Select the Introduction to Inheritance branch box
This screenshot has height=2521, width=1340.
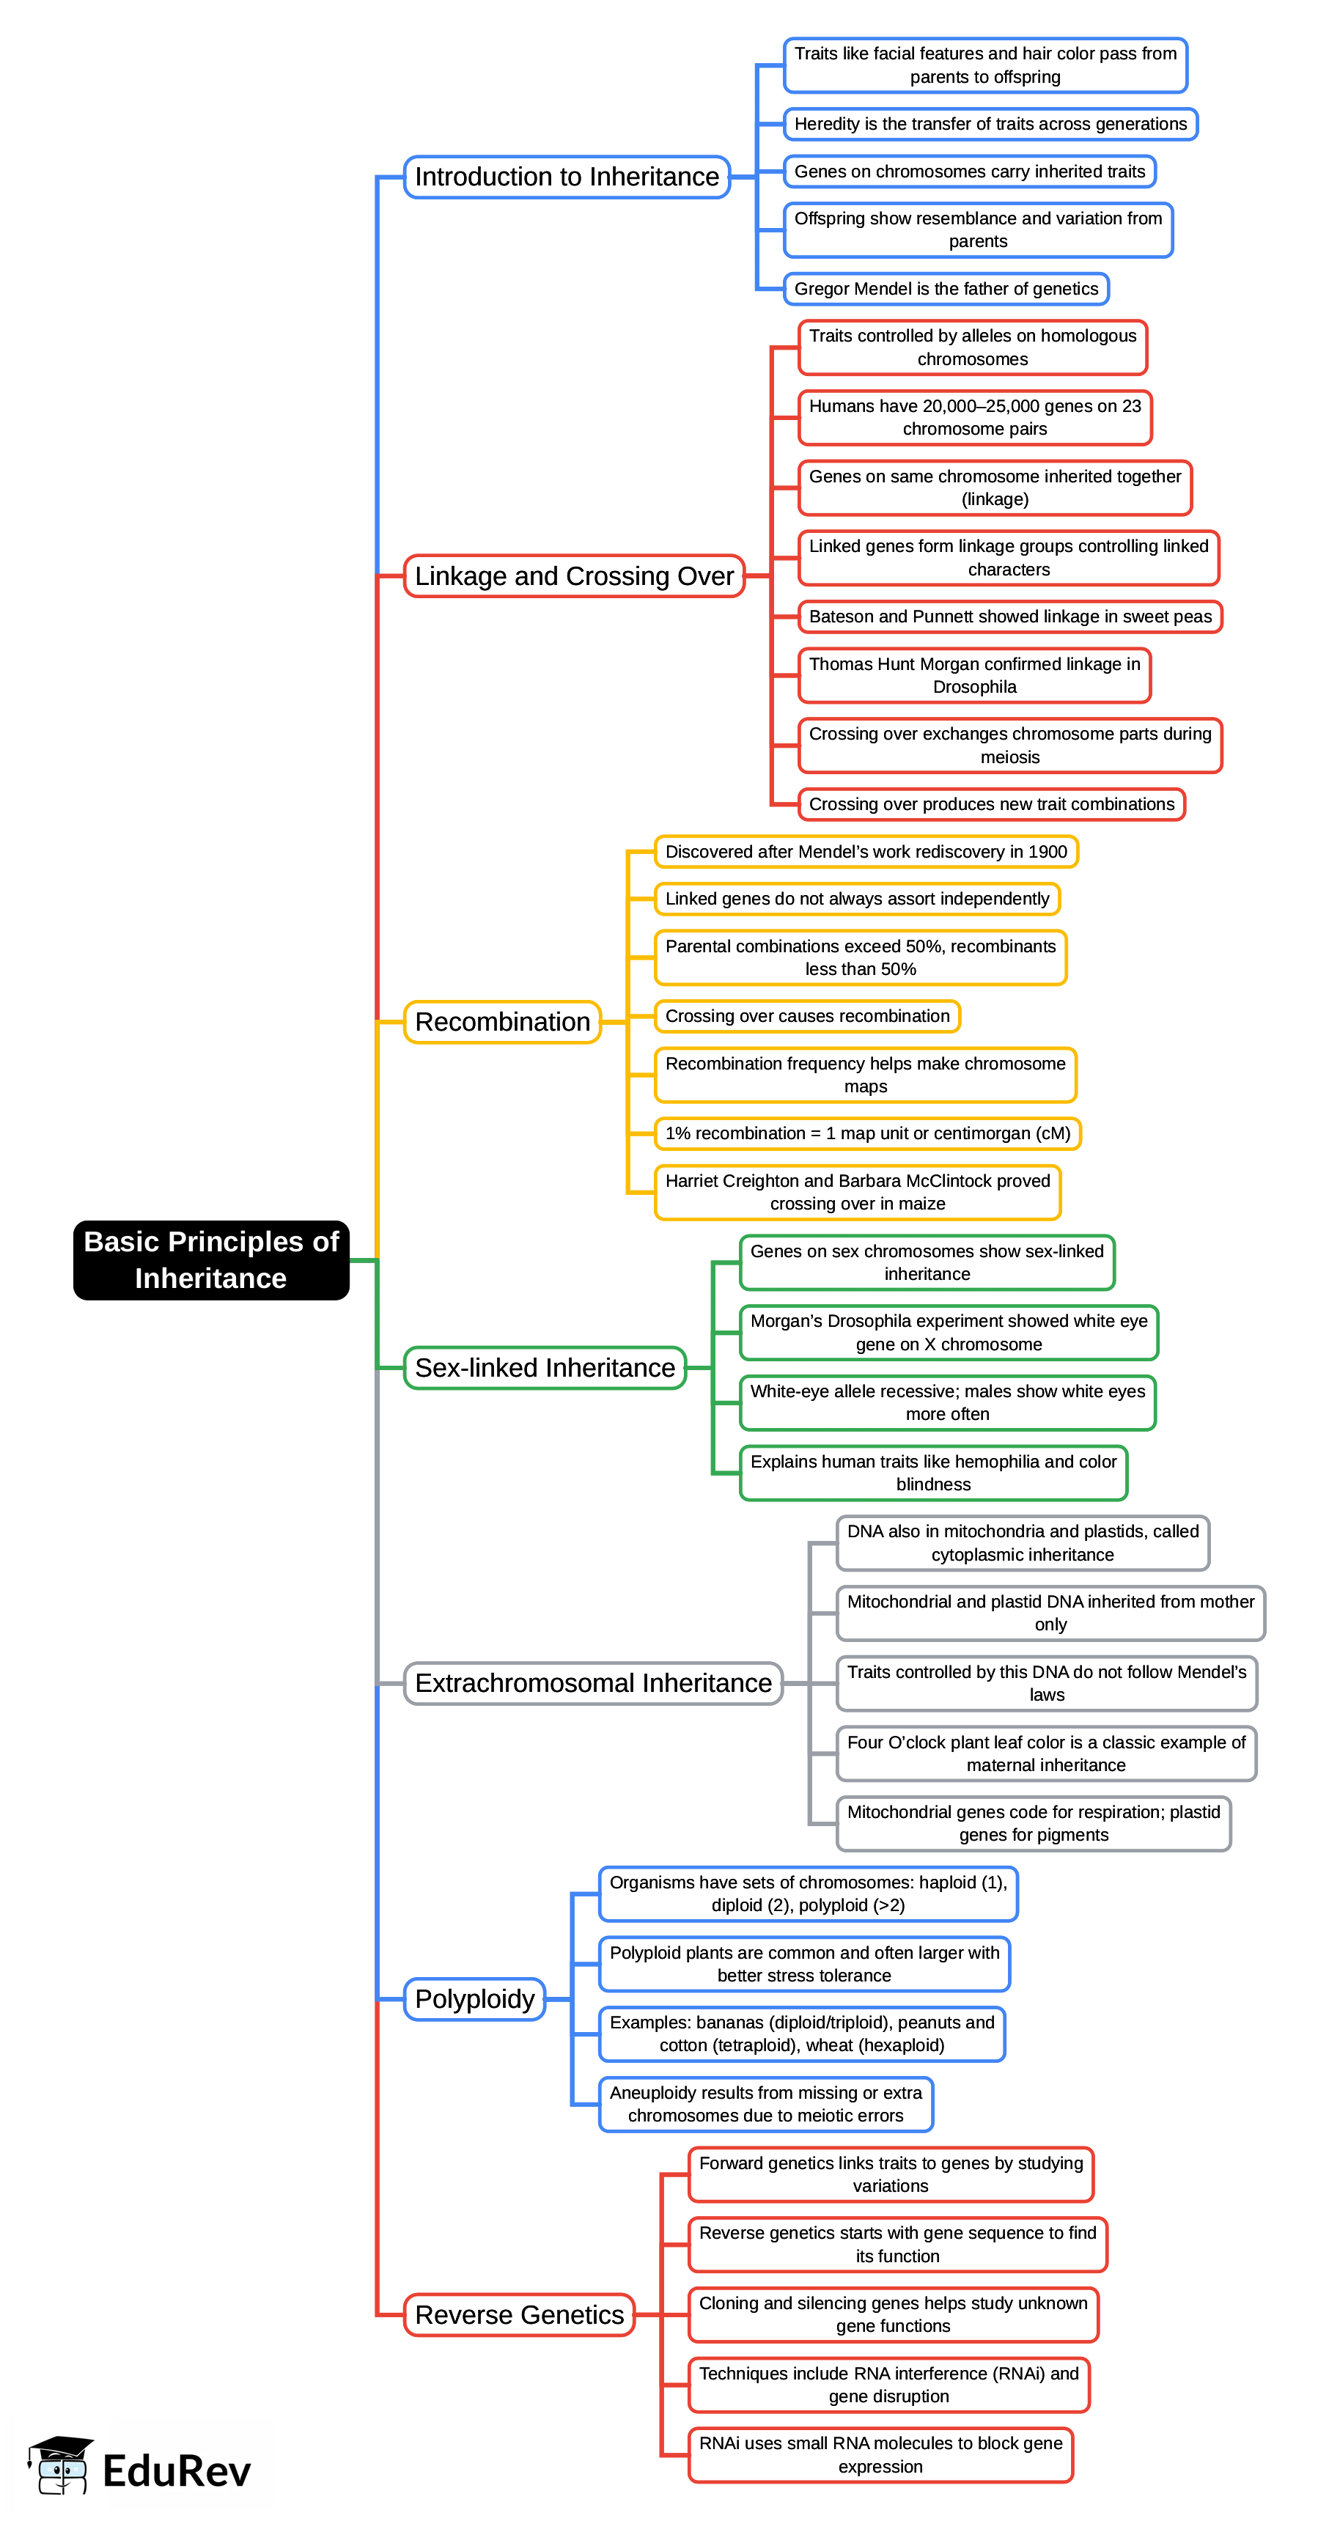pos(567,177)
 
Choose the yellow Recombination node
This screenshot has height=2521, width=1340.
pos(502,1022)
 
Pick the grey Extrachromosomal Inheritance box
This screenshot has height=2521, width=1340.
pos(593,1682)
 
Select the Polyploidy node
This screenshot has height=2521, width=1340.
pos(475,1998)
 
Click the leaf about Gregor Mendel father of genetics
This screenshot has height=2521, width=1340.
pos(946,289)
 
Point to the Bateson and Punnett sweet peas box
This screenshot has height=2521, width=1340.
pos(1009,617)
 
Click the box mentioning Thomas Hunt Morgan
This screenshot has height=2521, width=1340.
pos(974,675)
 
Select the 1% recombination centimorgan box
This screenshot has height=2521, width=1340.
pos(867,1133)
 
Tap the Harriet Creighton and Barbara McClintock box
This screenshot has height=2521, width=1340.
pos(858,1192)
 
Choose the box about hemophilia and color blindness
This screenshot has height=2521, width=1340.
pos(933,1473)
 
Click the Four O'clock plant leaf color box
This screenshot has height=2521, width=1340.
pos(1045,1753)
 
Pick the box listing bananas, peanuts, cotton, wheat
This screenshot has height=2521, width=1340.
pos(802,2034)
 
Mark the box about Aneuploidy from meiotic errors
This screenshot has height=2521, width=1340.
pos(765,2104)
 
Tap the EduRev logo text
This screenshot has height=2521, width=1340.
pos(176,2470)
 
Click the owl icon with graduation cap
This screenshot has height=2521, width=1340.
pos(61,2465)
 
